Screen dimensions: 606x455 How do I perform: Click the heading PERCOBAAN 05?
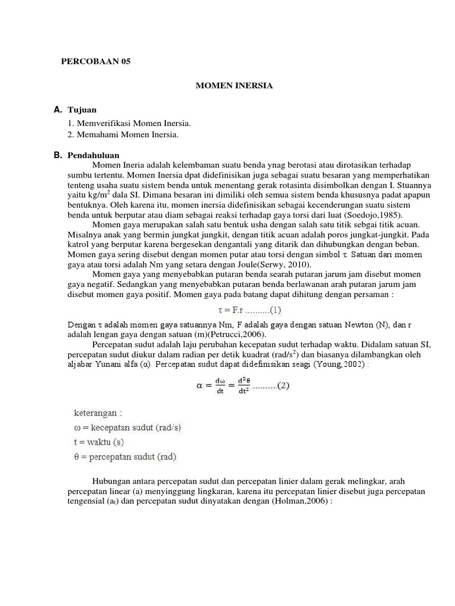pos(95,62)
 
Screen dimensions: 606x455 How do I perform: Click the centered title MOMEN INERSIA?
pos(235,86)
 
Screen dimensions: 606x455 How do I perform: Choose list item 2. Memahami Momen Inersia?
pos(124,135)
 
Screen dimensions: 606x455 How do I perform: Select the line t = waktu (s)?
pos(98,441)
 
